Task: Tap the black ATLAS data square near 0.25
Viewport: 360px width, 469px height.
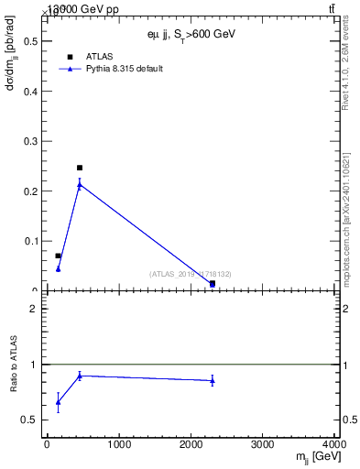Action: coord(80,168)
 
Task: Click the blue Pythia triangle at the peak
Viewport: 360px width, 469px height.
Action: coord(80,185)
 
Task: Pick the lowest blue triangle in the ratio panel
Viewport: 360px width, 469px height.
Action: coord(59,402)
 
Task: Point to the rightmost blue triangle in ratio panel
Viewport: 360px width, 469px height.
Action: coord(213,380)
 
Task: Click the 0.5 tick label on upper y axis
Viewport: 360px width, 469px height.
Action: coord(30,41)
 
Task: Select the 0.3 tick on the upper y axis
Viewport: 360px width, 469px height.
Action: coord(30,141)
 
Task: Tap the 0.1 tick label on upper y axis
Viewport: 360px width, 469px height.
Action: coord(30,241)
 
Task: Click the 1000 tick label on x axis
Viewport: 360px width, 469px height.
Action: coord(118,445)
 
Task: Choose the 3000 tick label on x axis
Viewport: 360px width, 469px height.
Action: coord(263,445)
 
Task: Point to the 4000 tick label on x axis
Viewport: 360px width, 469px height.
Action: coord(334,445)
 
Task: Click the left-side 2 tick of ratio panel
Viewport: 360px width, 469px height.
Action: coord(34,309)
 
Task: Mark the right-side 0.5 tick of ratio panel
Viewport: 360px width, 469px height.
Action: coord(350,420)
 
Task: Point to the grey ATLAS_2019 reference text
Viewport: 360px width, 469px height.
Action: coord(190,274)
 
